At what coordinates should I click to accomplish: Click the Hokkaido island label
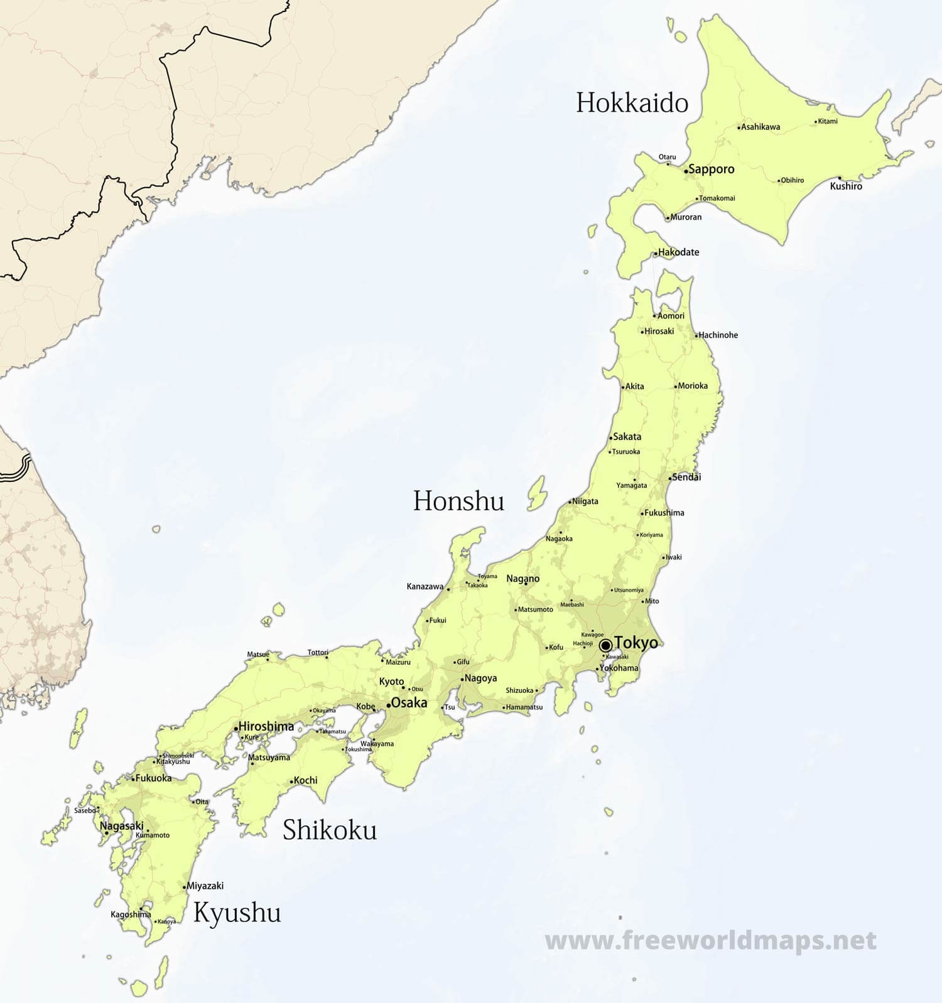(x=632, y=103)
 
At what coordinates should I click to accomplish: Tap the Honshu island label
(x=458, y=501)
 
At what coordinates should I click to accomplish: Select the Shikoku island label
(x=330, y=830)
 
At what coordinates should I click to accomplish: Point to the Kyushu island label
(x=237, y=912)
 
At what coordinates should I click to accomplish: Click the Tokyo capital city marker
(x=605, y=645)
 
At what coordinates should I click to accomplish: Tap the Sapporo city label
(x=712, y=169)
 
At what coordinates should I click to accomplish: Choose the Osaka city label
(x=409, y=703)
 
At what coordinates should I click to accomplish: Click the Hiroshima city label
(x=266, y=726)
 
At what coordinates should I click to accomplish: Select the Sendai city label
(x=686, y=477)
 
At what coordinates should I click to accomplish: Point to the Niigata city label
(x=585, y=501)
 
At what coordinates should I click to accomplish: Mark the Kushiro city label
(x=846, y=186)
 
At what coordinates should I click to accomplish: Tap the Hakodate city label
(x=678, y=252)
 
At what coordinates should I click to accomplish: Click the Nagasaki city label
(x=122, y=826)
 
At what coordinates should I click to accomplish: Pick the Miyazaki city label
(x=205, y=886)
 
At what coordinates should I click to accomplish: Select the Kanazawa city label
(x=425, y=587)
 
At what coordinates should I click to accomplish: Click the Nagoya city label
(x=480, y=678)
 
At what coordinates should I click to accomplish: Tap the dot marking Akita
(x=623, y=387)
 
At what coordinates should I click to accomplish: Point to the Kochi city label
(x=306, y=780)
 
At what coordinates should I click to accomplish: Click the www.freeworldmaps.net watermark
(x=710, y=940)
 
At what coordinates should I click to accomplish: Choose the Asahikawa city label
(x=761, y=127)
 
